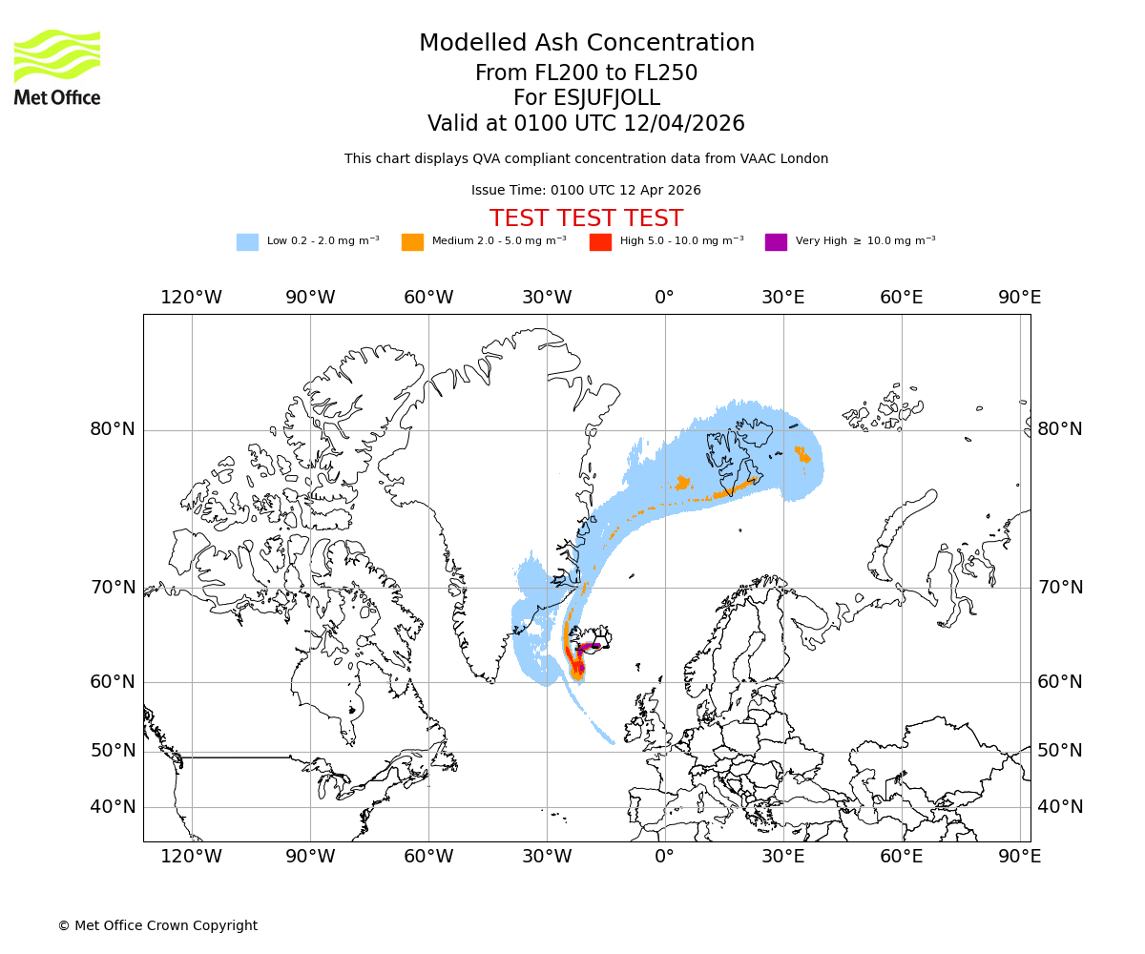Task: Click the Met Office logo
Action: pos(57,67)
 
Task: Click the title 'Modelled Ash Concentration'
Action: pos(587,43)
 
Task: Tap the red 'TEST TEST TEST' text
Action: pos(586,218)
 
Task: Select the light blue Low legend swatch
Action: pos(247,241)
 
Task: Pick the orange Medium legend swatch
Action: pos(412,241)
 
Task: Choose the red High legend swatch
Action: pos(600,241)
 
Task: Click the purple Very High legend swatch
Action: pos(776,241)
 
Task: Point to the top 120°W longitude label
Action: pos(191,298)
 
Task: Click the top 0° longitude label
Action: pos(665,298)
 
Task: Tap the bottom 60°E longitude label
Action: pos(901,857)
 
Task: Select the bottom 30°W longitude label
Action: pos(547,857)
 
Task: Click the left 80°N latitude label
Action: pos(113,429)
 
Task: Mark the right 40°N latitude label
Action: pos(1060,807)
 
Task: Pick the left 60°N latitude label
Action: pos(113,682)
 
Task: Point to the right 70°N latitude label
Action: pos(1060,588)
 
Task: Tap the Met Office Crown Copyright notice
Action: pos(157,925)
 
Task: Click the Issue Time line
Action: pos(586,190)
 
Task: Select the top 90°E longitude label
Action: pos(1019,298)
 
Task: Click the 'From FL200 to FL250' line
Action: pos(586,73)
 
